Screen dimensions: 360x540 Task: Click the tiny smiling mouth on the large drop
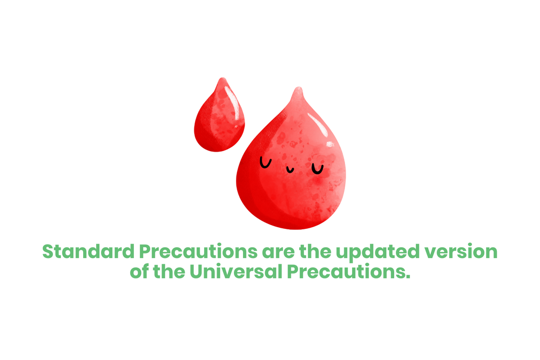(290, 170)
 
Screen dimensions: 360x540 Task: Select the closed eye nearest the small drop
(265, 162)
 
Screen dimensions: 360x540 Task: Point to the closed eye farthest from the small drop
(317, 169)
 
